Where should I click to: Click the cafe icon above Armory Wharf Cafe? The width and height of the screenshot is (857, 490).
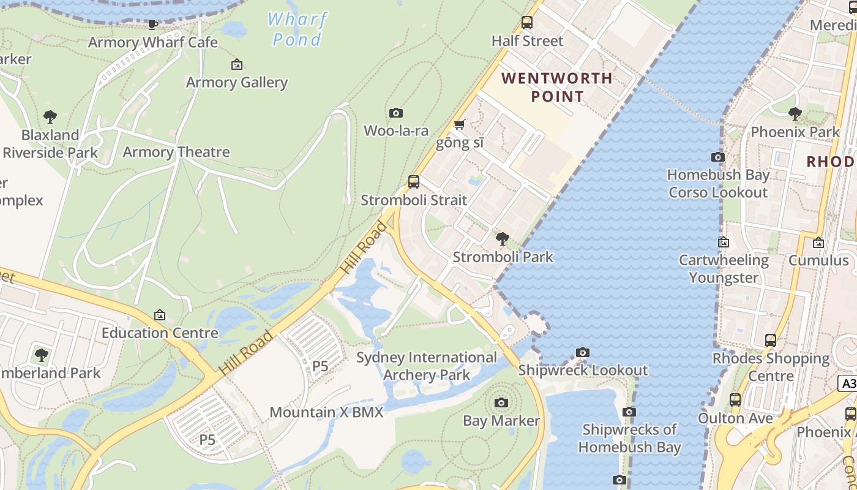[x=152, y=24]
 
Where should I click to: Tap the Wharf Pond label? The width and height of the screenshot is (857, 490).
[x=297, y=29]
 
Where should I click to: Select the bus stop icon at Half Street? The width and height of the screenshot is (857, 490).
[x=526, y=23]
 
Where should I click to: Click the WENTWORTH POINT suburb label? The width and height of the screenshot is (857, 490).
[x=557, y=87]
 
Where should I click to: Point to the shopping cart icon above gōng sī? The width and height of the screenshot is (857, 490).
[x=460, y=125]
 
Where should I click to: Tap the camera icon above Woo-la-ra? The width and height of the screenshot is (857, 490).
[x=396, y=113]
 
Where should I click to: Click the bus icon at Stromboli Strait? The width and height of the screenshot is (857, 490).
[x=414, y=182]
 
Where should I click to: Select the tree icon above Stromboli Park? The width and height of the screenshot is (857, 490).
[x=502, y=239]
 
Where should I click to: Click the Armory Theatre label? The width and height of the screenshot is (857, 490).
[x=176, y=152]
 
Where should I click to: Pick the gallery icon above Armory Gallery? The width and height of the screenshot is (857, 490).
[x=237, y=64]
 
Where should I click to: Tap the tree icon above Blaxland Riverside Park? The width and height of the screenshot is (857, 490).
[x=50, y=117]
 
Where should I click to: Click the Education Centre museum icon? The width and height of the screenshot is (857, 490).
[x=160, y=315]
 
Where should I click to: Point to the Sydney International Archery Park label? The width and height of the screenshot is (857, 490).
[x=427, y=366]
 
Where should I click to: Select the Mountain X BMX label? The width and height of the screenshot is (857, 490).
[x=326, y=412]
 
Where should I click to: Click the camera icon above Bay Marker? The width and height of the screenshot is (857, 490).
[x=501, y=402]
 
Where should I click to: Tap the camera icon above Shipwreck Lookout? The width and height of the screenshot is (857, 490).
[x=583, y=353]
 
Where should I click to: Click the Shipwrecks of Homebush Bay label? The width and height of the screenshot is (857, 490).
[x=629, y=438]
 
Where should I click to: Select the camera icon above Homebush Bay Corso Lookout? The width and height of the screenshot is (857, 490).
[x=718, y=157]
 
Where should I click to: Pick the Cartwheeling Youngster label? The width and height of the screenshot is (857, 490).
[x=724, y=269]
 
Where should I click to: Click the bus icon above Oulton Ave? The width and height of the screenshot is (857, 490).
[x=735, y=400]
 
